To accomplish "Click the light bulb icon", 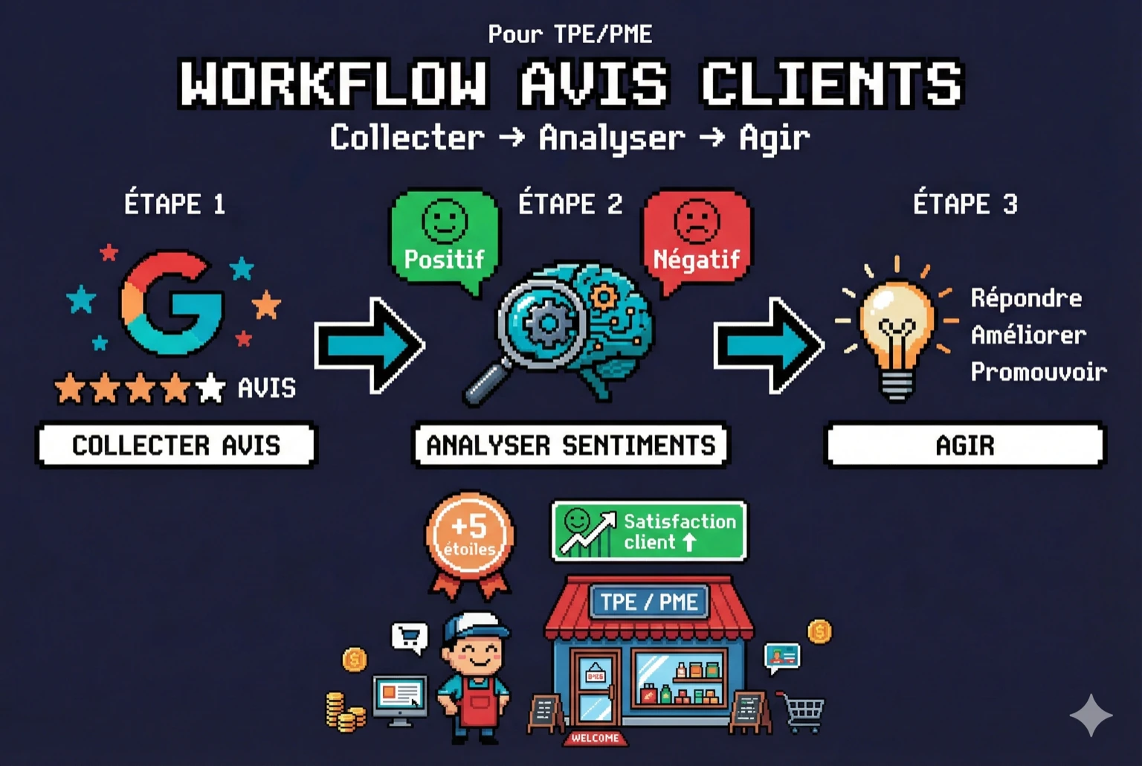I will tap(896, 331).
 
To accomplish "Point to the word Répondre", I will tap(1026, 298).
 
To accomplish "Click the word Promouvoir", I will tap(1038, 371).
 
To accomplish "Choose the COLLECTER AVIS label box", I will tap(176, 445).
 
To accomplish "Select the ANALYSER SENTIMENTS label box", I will tap(570, 445).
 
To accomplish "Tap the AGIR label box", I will tap(965, 445).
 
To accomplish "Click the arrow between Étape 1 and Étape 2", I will tap(370, 345).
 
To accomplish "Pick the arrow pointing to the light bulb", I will tap(769, 345).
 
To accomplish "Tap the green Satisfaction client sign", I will tap(649, 531).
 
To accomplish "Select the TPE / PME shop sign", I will tap(649, 602).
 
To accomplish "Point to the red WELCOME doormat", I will tap(595, 738).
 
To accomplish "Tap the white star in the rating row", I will tap(210, 387).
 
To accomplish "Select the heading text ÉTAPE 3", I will tap(965, 204).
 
